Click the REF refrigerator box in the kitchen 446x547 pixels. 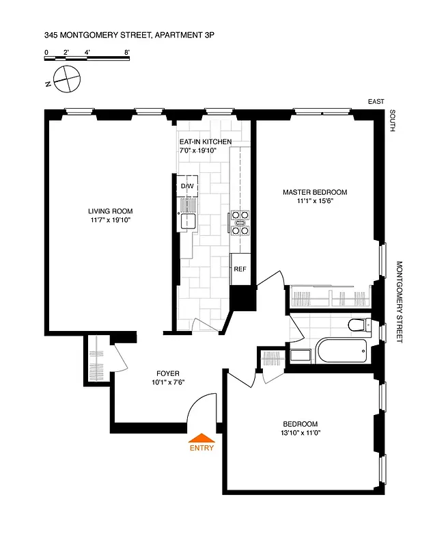click(x=240, y=269)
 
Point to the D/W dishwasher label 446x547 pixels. click(x=187, y=186)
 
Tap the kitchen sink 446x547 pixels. click(x=188, y=221)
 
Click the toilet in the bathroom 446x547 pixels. click(x=359, y=324)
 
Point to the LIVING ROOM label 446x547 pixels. click(x=110, y=211)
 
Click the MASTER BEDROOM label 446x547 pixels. click(x=315, y=192)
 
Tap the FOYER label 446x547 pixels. click(x=168, y=373)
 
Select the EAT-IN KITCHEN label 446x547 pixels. click(x=205, y=142)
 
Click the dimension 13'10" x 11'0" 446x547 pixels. click(x=297, y=433)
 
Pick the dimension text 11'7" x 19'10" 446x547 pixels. click(x=110, y=221)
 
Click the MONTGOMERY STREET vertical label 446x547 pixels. click(x=400, y=302)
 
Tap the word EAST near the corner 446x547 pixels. click(x=376, y=101)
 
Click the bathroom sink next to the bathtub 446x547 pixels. click(x=300, y=355)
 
